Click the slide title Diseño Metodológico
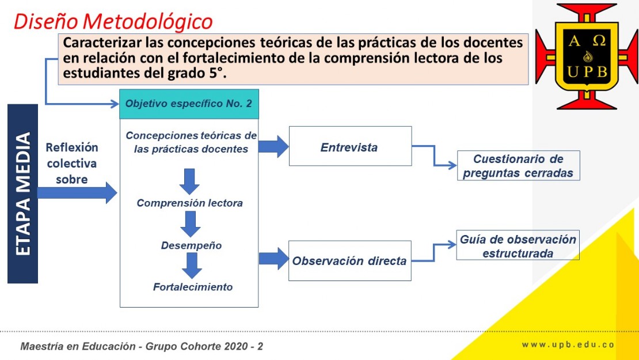[x=113, y=22]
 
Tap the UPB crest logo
[x=587, y=56]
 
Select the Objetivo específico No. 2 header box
[x=189, y=104]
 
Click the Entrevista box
[x=351, y=146]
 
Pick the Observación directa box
[x=349, y=260]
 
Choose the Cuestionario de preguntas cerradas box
[x=518, y=165]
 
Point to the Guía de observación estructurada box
[x=518, y=245]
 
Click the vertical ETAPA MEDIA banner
[x=23, y=194]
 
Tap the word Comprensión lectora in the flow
[x=189, y=203]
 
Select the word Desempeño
[x=191, y=245]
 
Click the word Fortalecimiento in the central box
[x=193, y=287]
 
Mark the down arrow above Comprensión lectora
[x=189, y=181]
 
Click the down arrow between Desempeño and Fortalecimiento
[x=192, y=266]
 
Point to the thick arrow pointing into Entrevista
[x=273, y=146]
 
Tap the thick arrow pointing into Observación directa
[x=274, y=259]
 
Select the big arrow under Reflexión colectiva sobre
[x=78, y=193]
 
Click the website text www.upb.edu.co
[x=568, y=344]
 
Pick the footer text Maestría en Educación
[x=78, y=346]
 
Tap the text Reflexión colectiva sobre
[x=72, y=163]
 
